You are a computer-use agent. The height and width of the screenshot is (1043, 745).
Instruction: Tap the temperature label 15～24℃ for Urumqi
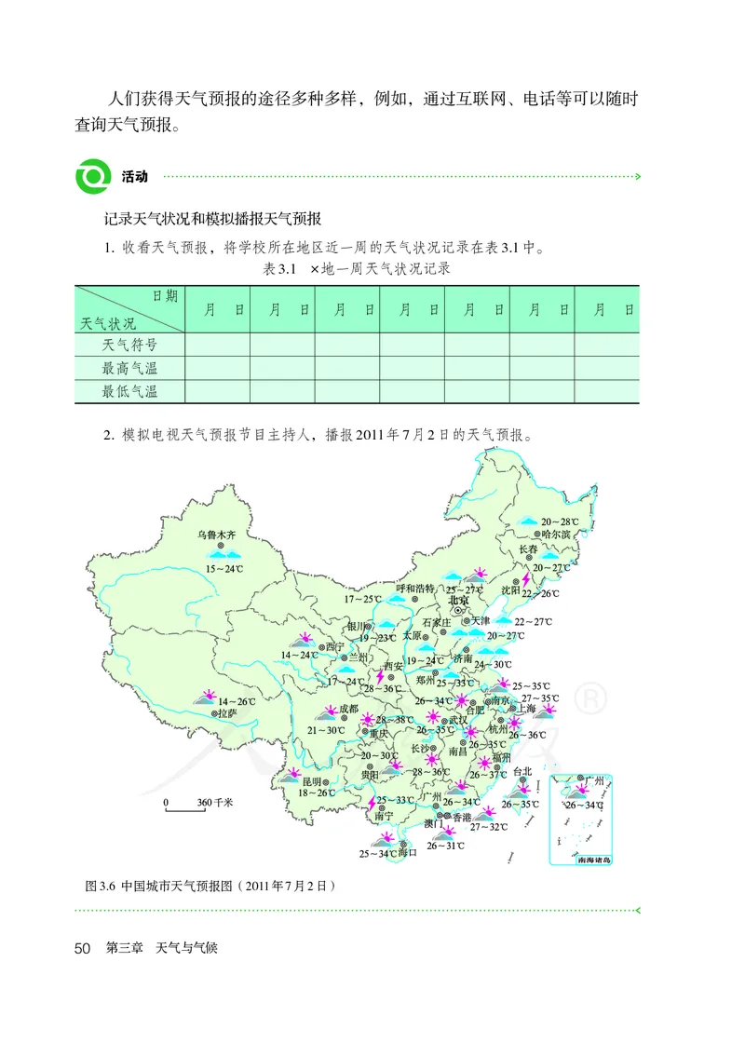click(x=223, y=568)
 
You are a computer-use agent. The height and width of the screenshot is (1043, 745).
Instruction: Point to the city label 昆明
click(x=311, y=780)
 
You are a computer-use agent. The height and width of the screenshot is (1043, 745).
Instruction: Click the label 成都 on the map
click(x=348, y=709)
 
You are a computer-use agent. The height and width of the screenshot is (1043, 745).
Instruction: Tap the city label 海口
click(x=406, y=852)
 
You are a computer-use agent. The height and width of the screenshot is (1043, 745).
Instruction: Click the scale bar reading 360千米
click(x=214, y=801)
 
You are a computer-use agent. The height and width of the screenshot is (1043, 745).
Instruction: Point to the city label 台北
click(x=521, y=771)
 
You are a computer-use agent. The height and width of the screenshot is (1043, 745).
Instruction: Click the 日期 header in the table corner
click(x=164, y=295)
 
